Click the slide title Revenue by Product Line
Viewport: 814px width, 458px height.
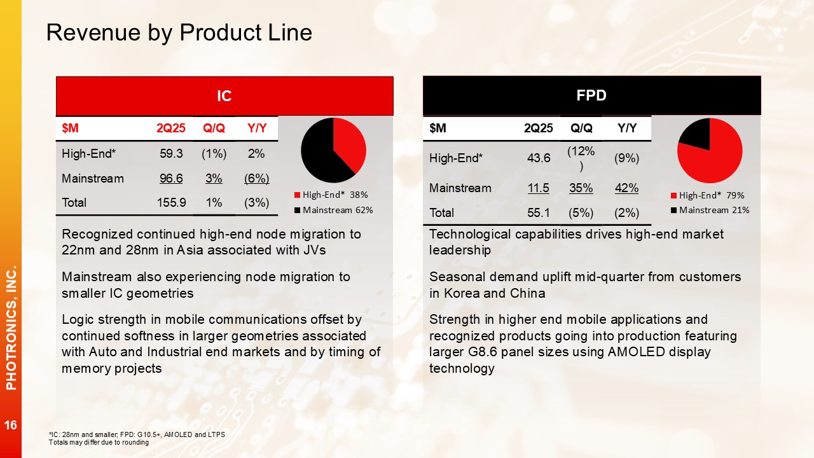click(179, 32)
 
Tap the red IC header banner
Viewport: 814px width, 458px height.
click(224, 96)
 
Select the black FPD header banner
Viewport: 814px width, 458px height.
click(591, 95)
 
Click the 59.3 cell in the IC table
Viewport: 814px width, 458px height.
click(171, 154)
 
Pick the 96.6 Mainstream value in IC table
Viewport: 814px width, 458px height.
click(171, 179)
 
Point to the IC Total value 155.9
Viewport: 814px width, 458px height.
click(171, 202)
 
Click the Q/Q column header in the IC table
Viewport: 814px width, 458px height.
click(214, 128)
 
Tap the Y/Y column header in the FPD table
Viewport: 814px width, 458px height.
click(627, 128)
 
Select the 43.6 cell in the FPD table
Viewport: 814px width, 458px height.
click(539, 158)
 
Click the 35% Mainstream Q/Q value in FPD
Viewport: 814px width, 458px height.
click(581, 188)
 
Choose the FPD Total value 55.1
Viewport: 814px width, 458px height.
click(539, 212)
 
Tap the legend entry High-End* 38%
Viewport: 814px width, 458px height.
click(331, 195)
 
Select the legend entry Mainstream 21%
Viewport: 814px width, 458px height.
click(710, 210)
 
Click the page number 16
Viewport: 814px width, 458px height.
click(11, 425)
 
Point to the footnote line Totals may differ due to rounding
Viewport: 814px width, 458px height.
click(99, 442)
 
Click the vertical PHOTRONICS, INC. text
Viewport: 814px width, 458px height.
click(11, 328)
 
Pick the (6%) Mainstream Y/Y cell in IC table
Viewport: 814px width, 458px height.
click(256, 179)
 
